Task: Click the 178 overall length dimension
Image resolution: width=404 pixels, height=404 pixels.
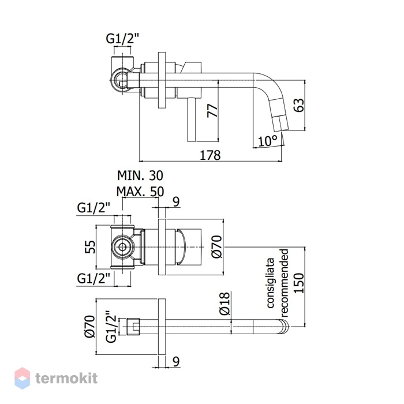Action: [x=210, y=155]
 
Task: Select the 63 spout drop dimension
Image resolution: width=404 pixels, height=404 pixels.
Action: [x=299, y=105]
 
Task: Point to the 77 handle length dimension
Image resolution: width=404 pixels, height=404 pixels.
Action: [x=213, y=111]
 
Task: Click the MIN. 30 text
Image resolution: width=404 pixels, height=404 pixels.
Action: [x=140, y=175]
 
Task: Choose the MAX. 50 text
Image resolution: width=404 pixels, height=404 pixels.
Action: [x=140, y=192]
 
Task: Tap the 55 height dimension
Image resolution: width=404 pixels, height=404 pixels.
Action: [x=90, y=247]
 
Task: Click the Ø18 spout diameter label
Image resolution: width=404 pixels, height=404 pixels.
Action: [x=225, y=304]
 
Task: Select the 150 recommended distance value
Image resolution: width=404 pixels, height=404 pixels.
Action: [x=299, y=283]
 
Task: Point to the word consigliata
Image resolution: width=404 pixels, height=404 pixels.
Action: [x=270, y=283]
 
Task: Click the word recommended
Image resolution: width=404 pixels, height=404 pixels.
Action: [x=283, y=283]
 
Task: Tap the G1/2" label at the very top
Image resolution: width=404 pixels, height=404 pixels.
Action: [x=122, y=39]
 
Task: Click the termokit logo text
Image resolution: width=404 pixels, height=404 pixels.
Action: [x=66, y=379]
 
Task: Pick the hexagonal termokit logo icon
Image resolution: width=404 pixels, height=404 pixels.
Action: [x=22, y=378]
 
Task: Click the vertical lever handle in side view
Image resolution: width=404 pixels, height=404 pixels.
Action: [x=192, y=120]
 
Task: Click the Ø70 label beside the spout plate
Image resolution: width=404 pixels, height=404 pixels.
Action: [x=90, y=326]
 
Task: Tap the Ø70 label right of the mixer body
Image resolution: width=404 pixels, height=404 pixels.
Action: [x=216, y=247]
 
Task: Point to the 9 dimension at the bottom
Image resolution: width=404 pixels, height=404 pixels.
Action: [x=176, y=362]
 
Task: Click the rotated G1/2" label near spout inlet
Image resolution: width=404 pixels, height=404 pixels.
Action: [x=111, y=326]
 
